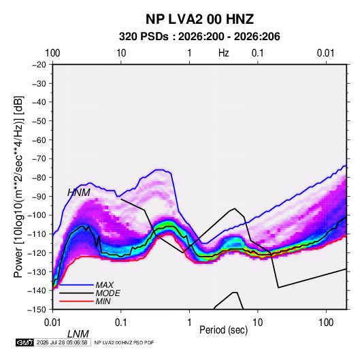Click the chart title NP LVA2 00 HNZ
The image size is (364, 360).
coord(199,19)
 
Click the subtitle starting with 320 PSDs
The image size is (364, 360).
coord(199,37)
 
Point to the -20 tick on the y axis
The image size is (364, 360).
coord(39,65)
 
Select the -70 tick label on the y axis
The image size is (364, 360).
coord(39,159)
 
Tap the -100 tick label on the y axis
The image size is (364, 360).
coord(37,215)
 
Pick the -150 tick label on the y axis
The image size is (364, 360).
coord(37,310)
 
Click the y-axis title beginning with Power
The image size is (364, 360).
coord(18,186)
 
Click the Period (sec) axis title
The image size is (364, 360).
coord(224,330)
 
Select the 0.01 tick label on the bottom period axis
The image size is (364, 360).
coord(52,323)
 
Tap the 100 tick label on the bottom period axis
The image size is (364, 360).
coord(326,323)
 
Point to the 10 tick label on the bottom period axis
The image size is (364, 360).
coord(258,323)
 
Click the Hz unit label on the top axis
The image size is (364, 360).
coord(224,53)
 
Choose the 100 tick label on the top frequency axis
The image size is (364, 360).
coord(52,53)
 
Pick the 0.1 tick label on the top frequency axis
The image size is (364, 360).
coord(258,53)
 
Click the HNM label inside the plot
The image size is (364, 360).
coord(79,193)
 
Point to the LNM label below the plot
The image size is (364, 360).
coord(78,334)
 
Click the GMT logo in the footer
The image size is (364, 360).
coord(25,342)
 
